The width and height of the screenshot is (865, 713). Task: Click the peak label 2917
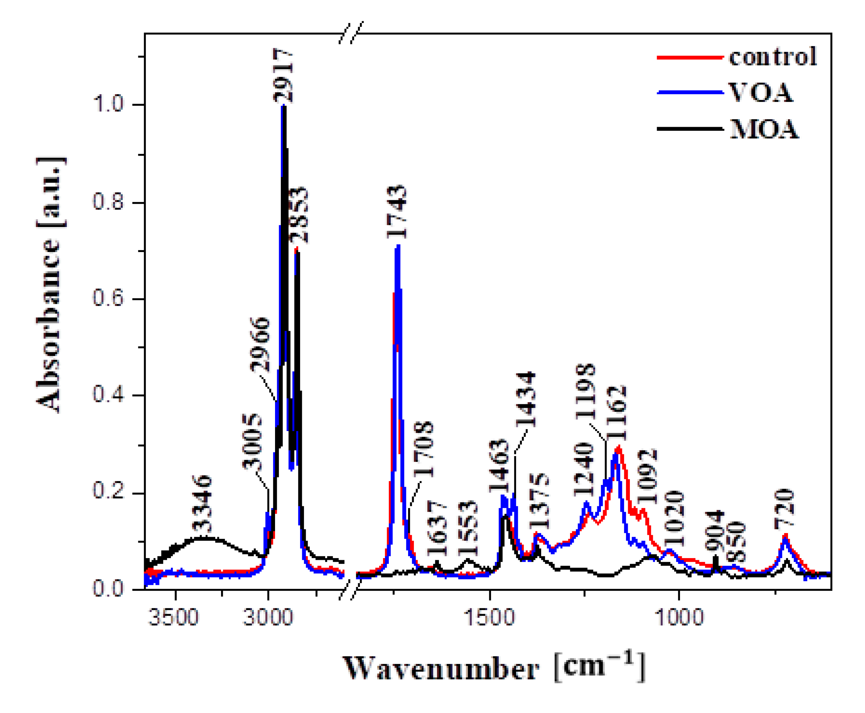pos(283,76)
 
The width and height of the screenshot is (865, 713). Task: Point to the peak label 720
pos(784,508)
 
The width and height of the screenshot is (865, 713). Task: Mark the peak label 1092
pos(647,477)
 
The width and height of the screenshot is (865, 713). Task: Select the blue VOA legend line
pos(690,92)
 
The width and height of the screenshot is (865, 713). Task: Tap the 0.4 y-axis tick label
pos(108,395)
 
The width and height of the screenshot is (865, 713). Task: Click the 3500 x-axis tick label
pos(174,617)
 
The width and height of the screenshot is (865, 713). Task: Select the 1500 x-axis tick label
pos(489,617)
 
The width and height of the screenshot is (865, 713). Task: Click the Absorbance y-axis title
pos(51,285)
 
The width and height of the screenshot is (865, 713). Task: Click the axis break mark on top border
pos(351,33)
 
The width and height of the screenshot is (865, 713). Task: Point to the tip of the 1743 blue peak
pos(397,246)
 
